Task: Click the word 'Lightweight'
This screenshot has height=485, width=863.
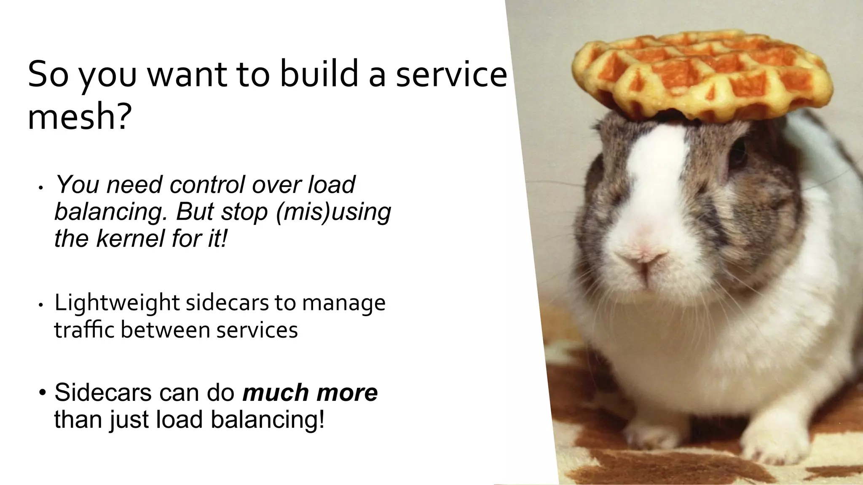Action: pos(117,303)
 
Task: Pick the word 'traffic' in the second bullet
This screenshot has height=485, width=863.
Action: pos(84,330)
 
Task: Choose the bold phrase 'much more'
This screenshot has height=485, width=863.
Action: pos(310,392)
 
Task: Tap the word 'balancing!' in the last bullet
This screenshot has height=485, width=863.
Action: pos(268,419)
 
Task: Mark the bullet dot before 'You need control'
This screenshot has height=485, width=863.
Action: pos(40,188)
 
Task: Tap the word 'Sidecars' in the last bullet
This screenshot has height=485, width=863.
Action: pos(103,392)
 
